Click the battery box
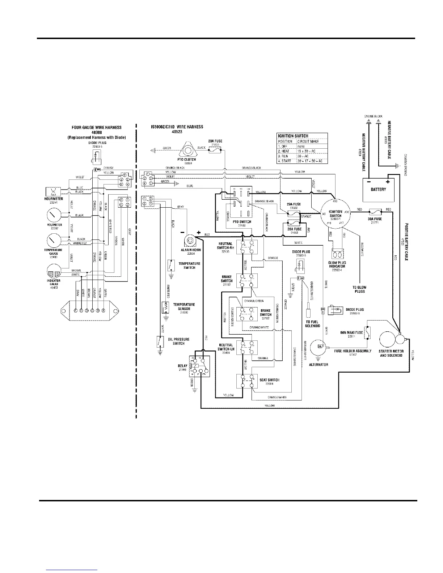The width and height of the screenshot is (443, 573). [378, 190]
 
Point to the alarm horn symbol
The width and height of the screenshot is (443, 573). [189, 241]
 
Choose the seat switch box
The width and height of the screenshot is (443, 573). [247, 381]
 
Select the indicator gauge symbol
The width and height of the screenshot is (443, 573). [54, 272]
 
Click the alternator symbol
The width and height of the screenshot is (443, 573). [319, 347]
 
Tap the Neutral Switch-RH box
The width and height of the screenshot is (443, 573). [247, 246]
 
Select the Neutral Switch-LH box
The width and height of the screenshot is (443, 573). [247, 348]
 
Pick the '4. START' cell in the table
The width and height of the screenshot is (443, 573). [286, 161]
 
